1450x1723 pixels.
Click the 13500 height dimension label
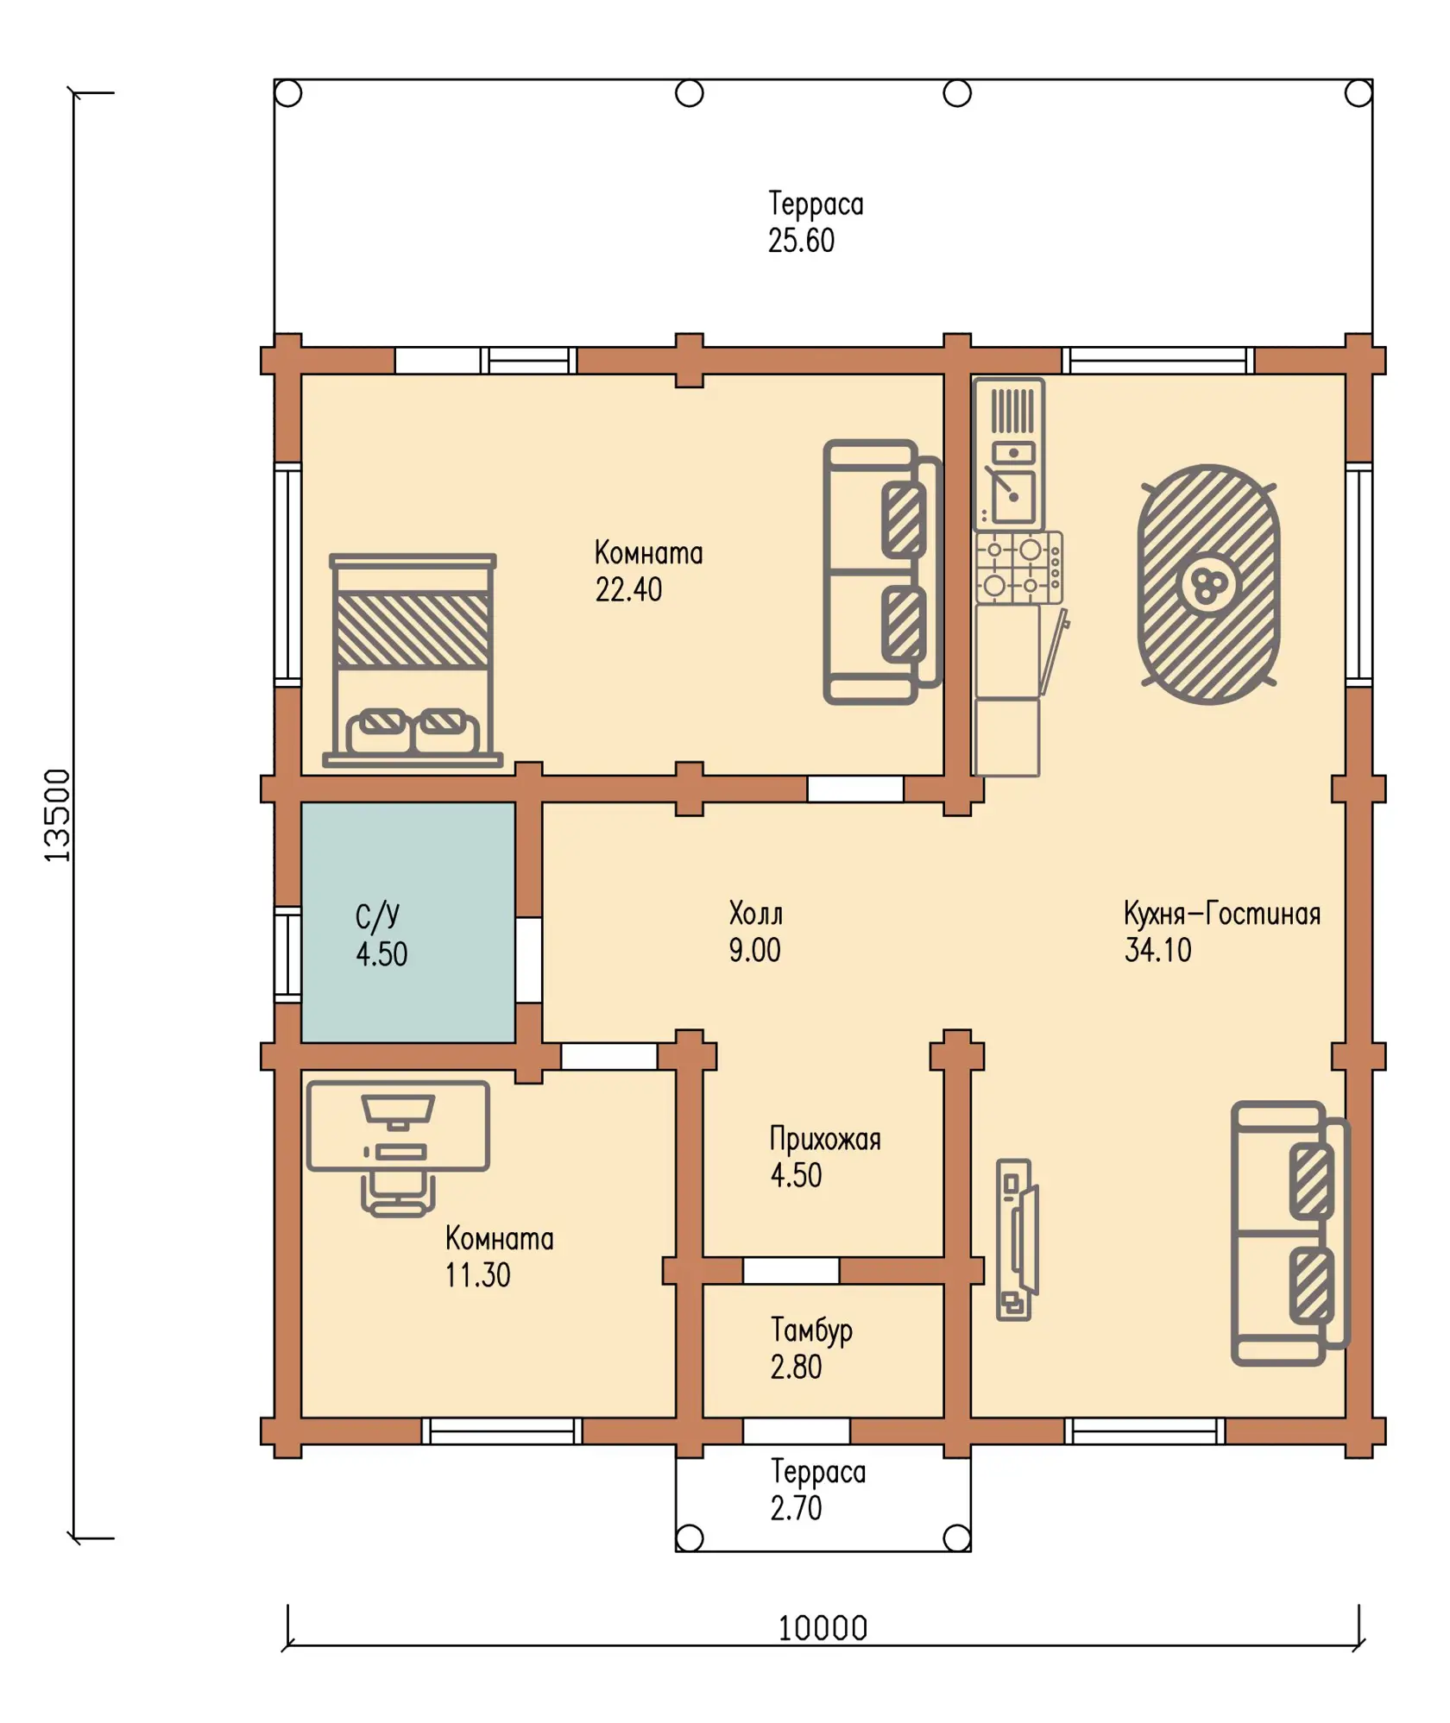point(57,814)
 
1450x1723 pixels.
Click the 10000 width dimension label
point(823,1628)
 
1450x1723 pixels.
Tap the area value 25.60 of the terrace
point(801,241)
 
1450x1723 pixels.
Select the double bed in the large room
point(413,660)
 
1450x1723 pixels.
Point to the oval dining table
point(1208,584)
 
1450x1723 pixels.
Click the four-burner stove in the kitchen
point(1018,567)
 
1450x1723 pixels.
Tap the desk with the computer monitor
point(398,1126)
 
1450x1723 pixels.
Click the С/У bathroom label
point(377,916)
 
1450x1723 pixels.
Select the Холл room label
point(756,913)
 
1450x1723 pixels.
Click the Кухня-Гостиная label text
point(1222,914)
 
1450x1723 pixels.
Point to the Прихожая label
point(825,1139)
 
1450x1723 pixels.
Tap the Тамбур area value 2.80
point(796,1367)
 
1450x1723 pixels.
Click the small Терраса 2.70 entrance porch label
point(817,1489)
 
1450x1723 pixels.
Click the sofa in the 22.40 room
point(882,572)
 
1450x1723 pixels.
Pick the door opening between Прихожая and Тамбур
point(791,1270)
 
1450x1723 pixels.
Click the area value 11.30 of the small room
point(477,1275)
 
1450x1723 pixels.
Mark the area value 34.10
point(1157,950)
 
